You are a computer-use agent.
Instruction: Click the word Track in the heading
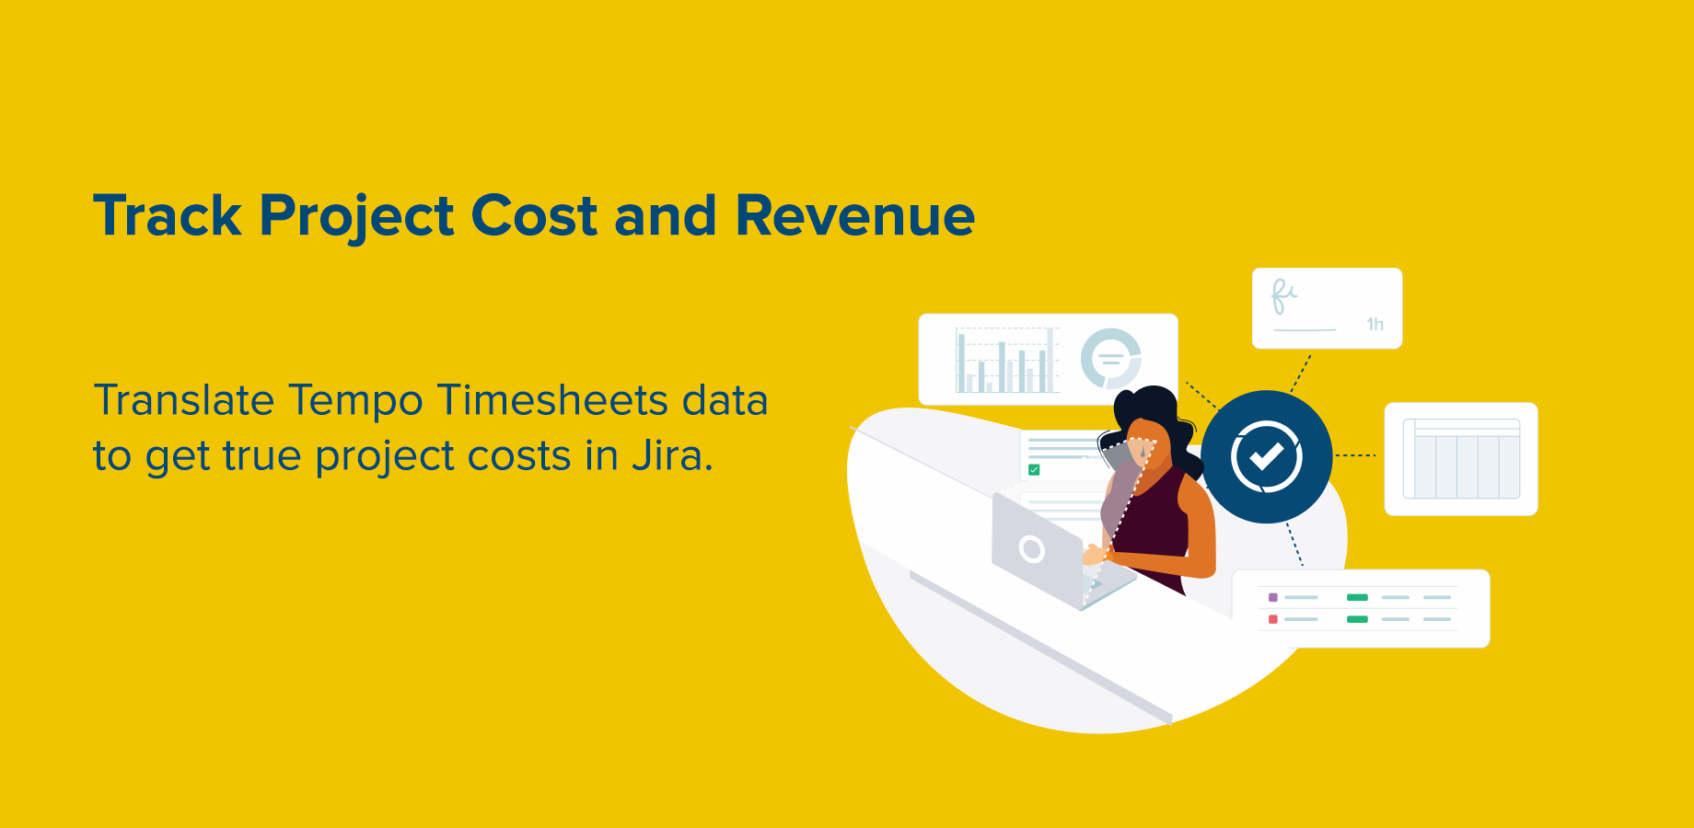coord(167,216)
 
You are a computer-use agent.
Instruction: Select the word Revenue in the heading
coord(854,216)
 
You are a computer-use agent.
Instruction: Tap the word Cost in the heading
coord(534,216)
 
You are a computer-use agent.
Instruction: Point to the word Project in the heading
coord(356,218)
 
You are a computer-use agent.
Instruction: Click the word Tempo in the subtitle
coord(355,401)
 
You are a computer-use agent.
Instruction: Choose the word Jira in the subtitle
coord(671,455)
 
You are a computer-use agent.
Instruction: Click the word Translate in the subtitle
coord(184,401)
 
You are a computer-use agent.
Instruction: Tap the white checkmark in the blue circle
coord(1267,456)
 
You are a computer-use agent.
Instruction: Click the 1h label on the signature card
coord(1375,324)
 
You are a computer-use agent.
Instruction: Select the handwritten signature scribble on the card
coord(1283,295)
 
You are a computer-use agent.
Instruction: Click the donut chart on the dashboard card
coord(1111,358)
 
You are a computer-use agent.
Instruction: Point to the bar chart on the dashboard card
coord(1005,361)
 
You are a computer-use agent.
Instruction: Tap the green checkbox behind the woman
coord(1034,470)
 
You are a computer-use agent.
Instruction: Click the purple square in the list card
coord(1273,598)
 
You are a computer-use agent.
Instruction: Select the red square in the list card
coord(1273,619)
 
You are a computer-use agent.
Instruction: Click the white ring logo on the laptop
coord(1032,549)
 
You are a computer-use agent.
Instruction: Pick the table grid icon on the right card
coord(1461,459)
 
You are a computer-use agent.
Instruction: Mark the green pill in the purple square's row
coord(1357,598)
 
